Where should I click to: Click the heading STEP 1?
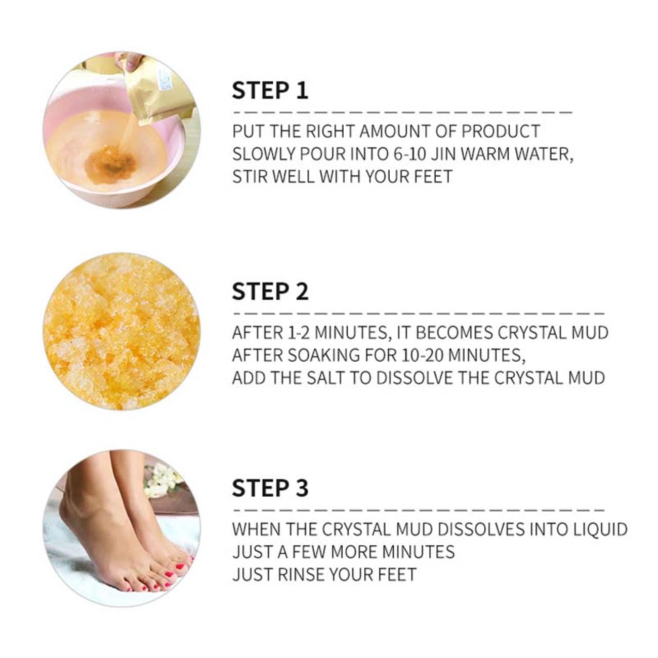[270, 90]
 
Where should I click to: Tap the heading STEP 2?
[270, 291]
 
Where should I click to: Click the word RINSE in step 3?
[301, 574]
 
